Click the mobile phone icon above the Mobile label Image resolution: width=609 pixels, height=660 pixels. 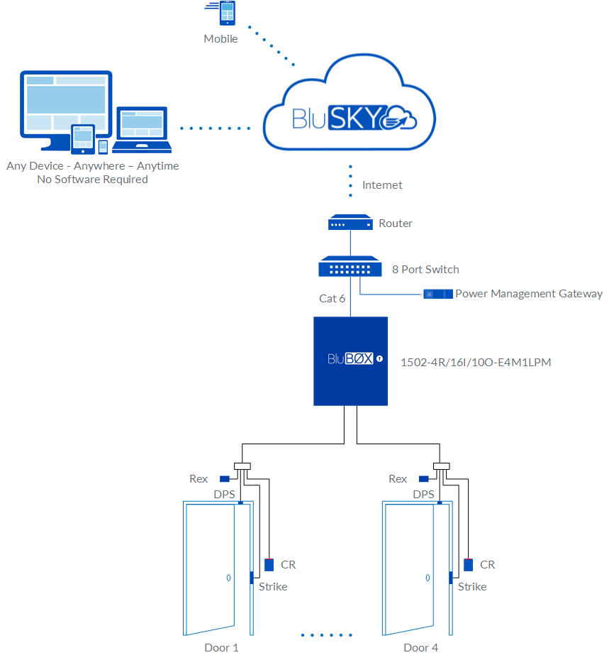227,13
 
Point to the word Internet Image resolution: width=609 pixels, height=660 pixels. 382,185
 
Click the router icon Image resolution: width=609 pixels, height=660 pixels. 350,224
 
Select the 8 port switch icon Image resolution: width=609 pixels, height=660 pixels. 350,268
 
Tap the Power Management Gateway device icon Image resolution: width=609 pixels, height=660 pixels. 437,294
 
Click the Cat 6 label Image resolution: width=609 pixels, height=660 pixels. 332,299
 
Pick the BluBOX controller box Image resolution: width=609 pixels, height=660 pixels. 351,361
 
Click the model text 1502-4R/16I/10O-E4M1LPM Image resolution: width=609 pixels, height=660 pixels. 476,362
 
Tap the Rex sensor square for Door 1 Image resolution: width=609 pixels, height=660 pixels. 224,479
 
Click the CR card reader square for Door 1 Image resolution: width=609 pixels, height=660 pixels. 269,565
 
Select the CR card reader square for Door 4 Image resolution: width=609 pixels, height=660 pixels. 469,565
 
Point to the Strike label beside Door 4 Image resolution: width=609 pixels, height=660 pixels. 472,587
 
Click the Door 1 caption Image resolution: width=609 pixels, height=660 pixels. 221,647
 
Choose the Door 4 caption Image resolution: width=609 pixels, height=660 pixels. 420,647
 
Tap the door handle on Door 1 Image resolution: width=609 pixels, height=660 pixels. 228,578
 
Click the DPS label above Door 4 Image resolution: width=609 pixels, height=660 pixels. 423,495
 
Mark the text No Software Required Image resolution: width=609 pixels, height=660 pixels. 92,180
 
